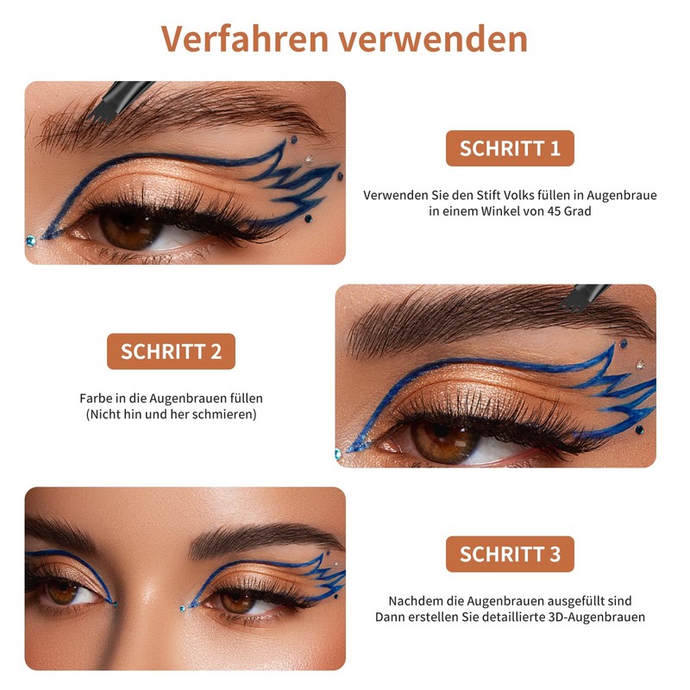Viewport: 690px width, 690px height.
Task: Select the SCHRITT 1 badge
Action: (x=510, y=148)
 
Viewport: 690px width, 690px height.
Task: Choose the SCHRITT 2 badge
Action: (x=171, y=351)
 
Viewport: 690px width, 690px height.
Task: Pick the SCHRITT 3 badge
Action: (x=510, y=554)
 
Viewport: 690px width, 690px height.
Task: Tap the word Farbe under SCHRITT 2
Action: (x=95, y=398)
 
